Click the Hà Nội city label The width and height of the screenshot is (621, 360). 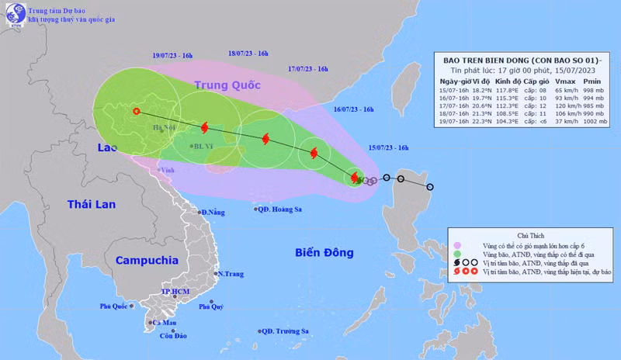coord(164,126)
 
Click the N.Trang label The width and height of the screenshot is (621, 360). coord(231,274)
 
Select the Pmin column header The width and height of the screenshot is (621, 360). coord(594,81)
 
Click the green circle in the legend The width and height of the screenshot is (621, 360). coord(457,254)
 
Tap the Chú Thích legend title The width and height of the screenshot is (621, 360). coord(530,234)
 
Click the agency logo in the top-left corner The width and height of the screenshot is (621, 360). coord(16,19)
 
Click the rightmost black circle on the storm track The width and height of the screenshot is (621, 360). coord(430,187)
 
